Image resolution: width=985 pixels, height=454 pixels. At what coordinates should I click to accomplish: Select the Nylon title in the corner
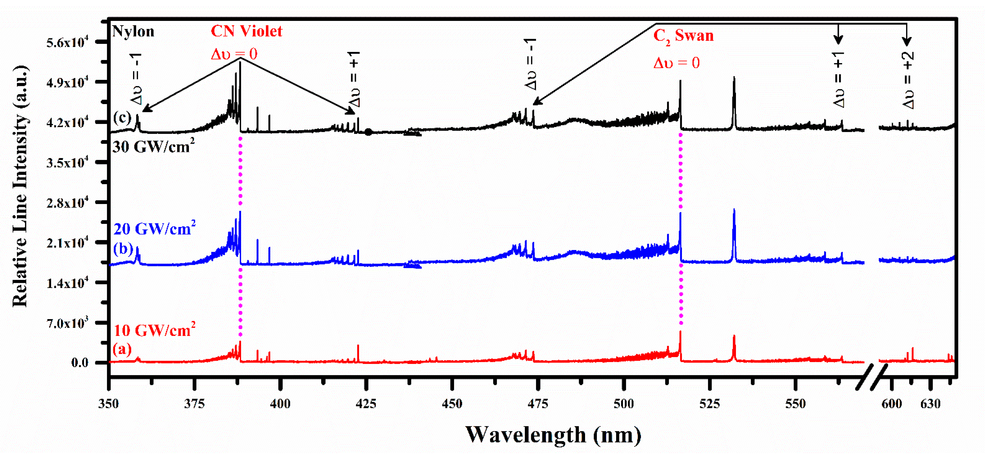click(133, 31)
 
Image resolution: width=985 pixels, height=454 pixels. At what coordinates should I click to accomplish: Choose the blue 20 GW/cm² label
click(154, 229)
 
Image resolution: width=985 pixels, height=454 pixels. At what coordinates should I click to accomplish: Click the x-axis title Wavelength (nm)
click(553, 435)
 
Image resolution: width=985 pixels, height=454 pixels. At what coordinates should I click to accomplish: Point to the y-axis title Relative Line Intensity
click(20, 186)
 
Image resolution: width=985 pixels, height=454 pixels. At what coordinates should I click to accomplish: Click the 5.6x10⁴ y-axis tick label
click(67, 42)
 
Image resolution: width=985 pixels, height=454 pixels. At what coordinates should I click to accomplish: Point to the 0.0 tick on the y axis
click(79, 363)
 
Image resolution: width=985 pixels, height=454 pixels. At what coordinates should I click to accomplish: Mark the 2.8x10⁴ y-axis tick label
click(67, 203)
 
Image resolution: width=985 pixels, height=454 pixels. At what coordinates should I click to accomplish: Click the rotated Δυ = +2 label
click(908, 80)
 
